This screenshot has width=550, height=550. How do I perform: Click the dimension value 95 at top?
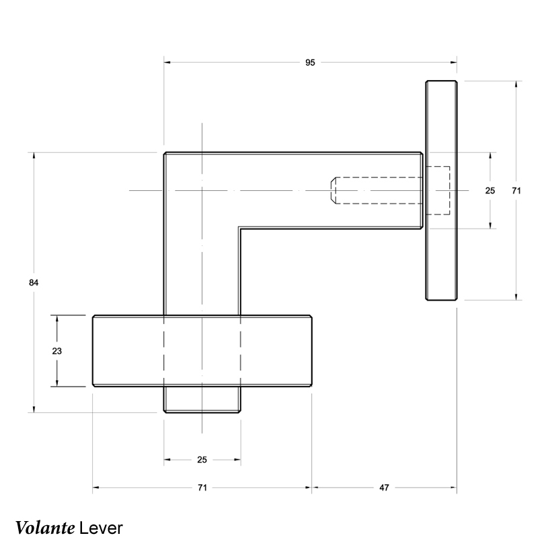click(310, 63)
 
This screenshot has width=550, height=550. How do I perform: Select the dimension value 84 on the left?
click(34, 283)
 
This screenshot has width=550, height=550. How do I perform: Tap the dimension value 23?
click(57, 351)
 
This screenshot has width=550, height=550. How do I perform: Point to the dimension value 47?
click(384, 487)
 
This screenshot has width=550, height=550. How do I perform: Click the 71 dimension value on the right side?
click(516, 191)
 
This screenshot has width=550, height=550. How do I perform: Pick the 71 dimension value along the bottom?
click(202, 487)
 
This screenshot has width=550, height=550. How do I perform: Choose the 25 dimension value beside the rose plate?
click(490, 191)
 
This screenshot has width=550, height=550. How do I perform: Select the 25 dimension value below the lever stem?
click(202, 460)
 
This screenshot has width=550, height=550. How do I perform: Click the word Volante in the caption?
click(44, 527)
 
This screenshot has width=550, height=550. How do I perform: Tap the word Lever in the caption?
click(101, 527)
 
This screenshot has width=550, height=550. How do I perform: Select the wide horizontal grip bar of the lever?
click(128, 351)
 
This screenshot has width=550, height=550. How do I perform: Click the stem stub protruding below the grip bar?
click(202, 400)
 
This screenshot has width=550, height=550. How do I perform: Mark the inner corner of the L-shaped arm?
click(240, 229)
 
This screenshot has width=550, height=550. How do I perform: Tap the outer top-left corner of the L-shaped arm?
click(165, 153)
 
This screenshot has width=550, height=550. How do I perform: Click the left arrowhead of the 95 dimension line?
click(167, 63)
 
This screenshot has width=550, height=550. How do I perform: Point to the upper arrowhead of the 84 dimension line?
click(34, 157)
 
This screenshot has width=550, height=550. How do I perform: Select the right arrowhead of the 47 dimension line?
click(454, 487)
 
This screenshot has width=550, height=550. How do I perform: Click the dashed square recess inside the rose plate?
click(440, 190)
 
